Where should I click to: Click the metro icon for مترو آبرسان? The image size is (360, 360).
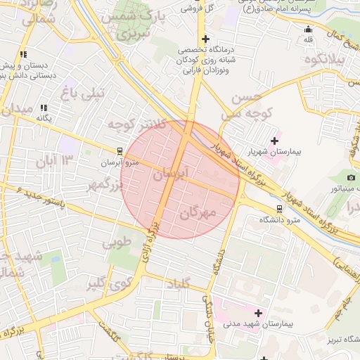(x=120, y=150)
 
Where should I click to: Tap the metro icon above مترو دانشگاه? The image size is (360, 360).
(x=281, y=208)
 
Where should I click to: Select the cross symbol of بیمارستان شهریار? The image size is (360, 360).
(x=274, y=141)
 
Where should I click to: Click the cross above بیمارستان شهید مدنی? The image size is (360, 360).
(x=258, y=312)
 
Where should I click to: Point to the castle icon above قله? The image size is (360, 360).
(x=308, y=30)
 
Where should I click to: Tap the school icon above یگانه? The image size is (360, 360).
(x=44, y=108)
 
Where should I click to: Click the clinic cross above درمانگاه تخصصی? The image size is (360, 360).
(x=205, y=39)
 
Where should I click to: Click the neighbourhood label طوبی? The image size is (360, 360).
(x=117, y=244)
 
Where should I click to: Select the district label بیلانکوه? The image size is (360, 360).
(x=325, y=60)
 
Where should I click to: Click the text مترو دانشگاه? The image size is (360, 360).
(x=281, y=220)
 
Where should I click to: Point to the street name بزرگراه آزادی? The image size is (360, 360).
(x=149, y=243)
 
